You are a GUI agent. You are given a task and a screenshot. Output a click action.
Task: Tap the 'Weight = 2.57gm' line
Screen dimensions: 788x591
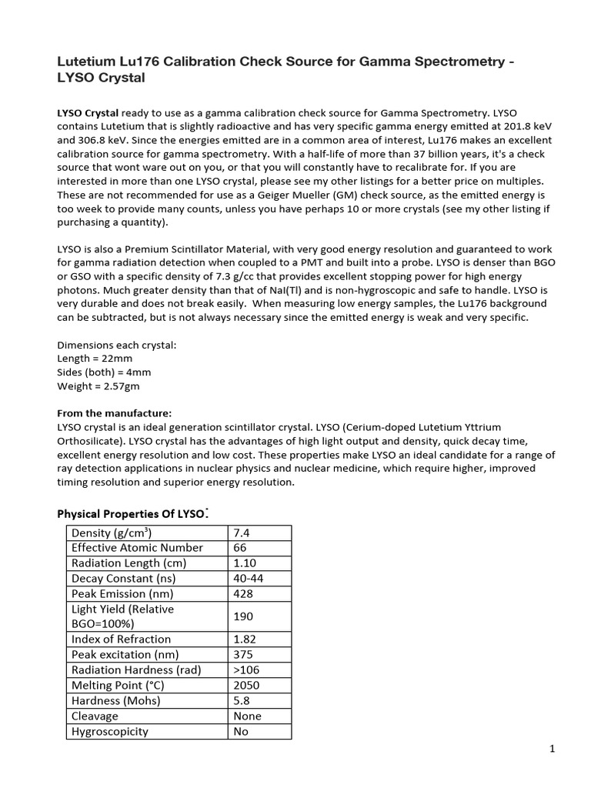[98, 386]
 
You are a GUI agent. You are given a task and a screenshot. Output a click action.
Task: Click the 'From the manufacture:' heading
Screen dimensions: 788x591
[115, 412]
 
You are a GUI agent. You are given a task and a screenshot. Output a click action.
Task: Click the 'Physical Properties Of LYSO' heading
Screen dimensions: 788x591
[132, 513]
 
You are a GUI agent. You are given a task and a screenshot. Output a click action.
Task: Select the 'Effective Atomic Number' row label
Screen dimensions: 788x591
[137, 548]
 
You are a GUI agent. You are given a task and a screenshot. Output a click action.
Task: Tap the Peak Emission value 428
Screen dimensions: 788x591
[243, 593]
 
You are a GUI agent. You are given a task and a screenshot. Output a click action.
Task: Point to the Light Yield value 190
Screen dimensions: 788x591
[243, 616]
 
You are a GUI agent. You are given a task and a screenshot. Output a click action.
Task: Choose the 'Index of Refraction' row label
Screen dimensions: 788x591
[121, 639]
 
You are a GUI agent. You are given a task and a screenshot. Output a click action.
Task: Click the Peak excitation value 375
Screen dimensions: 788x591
[243, 654]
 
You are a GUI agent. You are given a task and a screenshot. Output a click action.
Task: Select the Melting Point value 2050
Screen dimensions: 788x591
[246, 685]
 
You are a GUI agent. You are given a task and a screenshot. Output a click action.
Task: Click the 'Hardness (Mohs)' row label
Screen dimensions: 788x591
[117, 700]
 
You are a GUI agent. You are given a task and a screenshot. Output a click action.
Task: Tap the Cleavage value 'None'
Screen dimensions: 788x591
[247, 716]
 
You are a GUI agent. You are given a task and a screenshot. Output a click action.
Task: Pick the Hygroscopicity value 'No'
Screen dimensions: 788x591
[241, 731]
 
